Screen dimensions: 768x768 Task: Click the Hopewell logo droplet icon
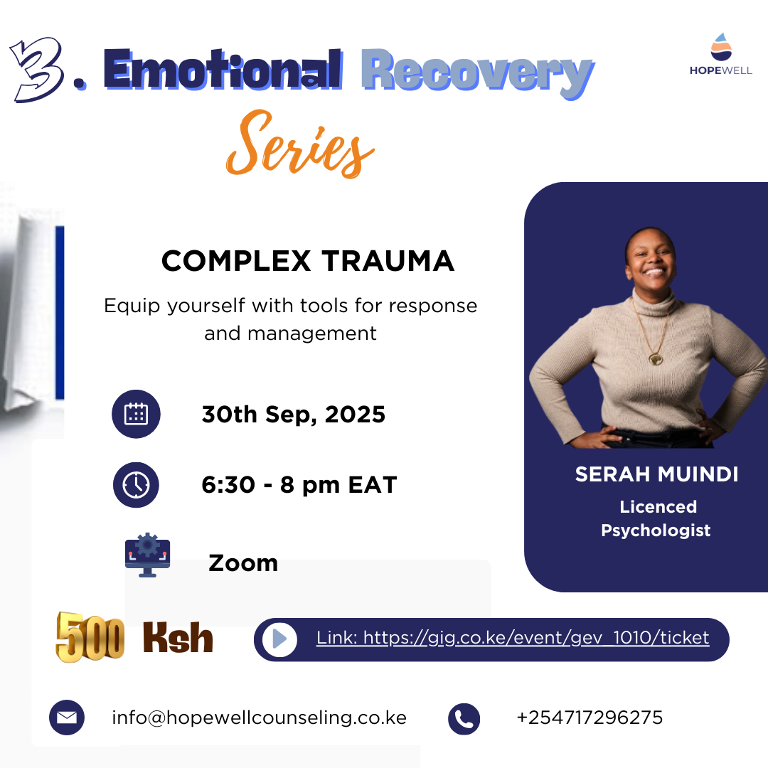click(721, 47)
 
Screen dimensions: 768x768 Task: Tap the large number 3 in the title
click(37, 69)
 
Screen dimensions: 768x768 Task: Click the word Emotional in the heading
click(223, 70)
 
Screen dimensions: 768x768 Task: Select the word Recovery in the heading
click(478, 73)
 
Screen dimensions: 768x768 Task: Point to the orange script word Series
click(300, 144)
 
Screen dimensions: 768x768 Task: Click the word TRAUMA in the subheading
click(388, 260)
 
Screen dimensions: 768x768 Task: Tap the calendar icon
click(136, 414)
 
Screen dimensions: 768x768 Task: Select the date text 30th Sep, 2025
click(294, 415)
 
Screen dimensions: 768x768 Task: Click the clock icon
click(136, 485)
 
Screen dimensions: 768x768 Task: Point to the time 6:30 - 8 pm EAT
click(299, 485)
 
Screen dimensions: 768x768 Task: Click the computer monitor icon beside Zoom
click(147, 555)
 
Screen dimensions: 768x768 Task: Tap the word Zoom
click(243, 563)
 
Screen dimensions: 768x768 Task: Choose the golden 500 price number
click(90, 636)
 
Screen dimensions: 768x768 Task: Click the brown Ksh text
click(178, 638)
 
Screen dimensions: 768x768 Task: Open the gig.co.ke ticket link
click(512, 638)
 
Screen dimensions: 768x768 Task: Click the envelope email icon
click(67, 718)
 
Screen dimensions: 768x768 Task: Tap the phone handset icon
click(464, 718)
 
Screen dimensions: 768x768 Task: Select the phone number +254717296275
click(590, 718)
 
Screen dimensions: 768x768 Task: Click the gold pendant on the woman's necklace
click(656, 359)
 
